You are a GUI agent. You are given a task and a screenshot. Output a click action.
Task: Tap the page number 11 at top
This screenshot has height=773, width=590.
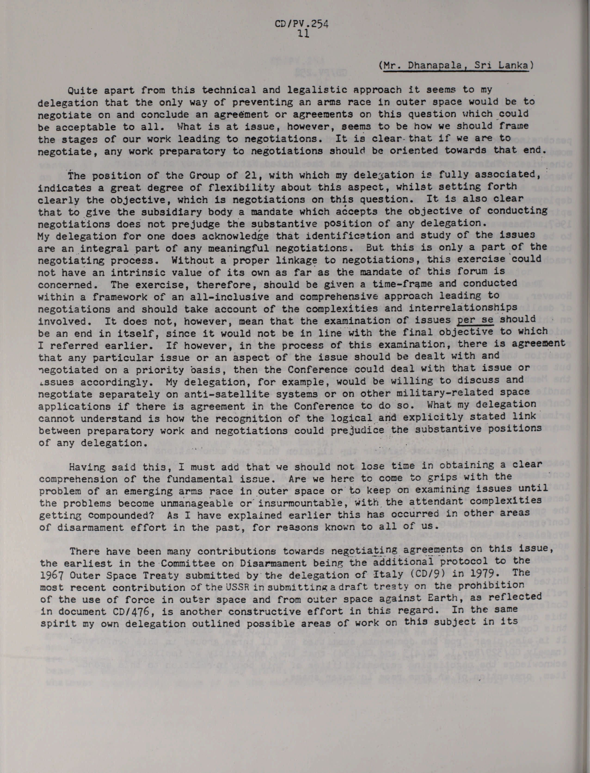coord(303,34)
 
